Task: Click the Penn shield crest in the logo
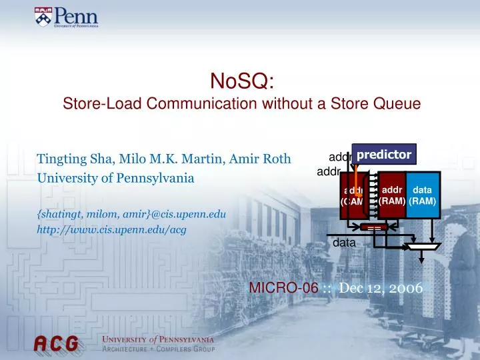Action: [x=41, y=17]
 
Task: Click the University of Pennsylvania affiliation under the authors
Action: [x=115, y=179]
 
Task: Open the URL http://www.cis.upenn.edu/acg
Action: [x=111, y=230]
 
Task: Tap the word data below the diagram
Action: [x=344, y=243]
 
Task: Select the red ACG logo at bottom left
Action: [x=57, y=344]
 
